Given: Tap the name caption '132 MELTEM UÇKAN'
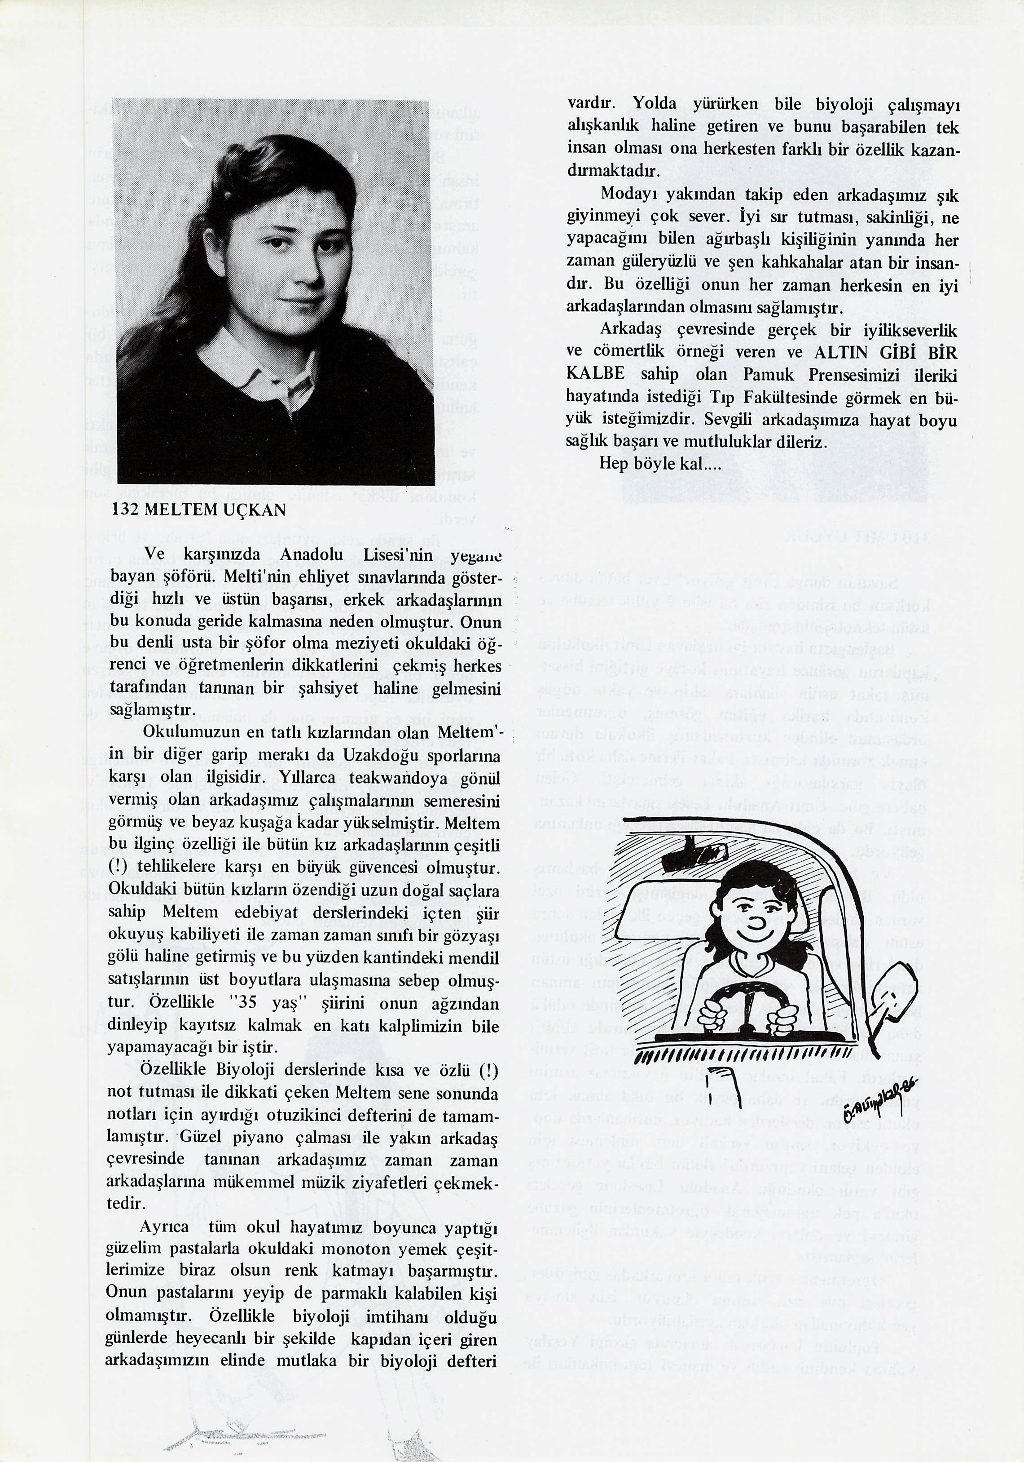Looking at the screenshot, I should click(x=198, y=510).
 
